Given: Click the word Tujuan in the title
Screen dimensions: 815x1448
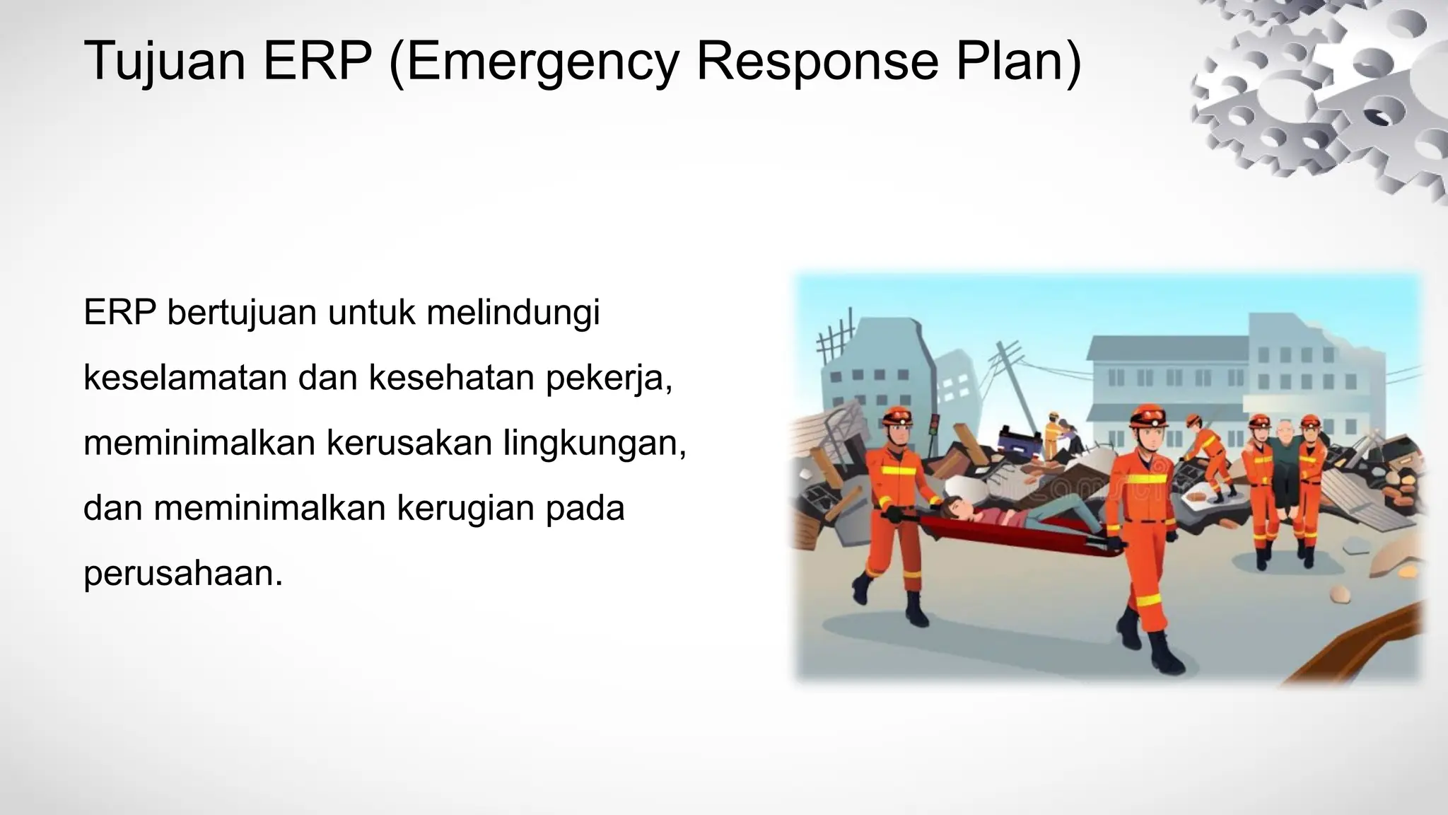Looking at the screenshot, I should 164,62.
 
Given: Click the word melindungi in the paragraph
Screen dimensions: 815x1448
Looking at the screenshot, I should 513,313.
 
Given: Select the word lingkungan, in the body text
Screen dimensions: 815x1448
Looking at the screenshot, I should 595,443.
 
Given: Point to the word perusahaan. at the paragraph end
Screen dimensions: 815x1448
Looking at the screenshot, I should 183,573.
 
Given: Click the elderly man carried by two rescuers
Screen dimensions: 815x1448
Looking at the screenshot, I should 1283,453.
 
